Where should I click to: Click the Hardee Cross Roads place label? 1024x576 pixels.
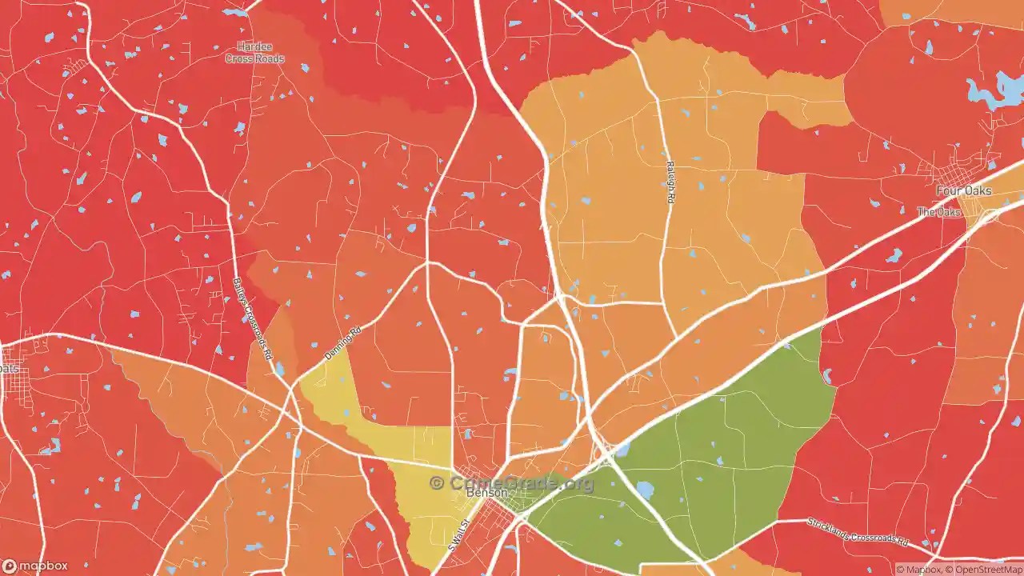[254, 53]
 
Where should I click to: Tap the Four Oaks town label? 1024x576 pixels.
[963, 191]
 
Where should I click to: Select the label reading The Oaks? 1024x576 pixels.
[938, 212]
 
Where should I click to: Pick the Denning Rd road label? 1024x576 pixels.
[343, 342]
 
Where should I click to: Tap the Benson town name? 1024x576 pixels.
[486, 493]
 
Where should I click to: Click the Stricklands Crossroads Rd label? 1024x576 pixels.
[857, 530]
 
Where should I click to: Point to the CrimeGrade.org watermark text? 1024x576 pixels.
[520, 483]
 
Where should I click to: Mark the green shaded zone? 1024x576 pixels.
[720, 448]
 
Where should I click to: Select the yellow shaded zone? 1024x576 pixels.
[424, 480]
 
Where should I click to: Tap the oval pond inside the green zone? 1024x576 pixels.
[645, 490]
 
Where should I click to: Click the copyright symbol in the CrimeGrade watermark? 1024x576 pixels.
[437, 483]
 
